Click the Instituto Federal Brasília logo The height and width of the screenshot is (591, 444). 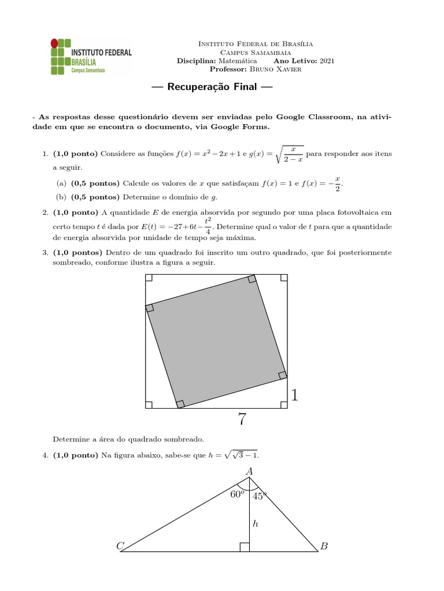pyautogui.click(x=90, y=57)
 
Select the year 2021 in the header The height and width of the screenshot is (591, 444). pyautogui.click(x=326, y=61)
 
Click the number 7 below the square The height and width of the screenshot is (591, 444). pyautogui.click(x=242, y=420)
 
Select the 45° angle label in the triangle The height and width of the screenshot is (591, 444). pyautogui.click(x=261, y=496)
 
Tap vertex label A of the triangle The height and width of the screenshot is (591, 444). pyautogui.click(x=250, y=472)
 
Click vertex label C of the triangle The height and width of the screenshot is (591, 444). pyautogui.click(x=120, y=546)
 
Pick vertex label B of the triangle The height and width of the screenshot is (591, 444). pyautogui.click(x=324, y=546)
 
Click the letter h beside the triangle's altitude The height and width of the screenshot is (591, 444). pyautogui.click(x=254, y=524)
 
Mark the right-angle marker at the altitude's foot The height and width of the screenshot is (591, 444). pyautogui.click(x=245, y=547)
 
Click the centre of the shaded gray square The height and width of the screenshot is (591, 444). pyautogui.click(x=217, y=342)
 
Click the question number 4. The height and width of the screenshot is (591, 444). pyautogui.click(x=45, y=455)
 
